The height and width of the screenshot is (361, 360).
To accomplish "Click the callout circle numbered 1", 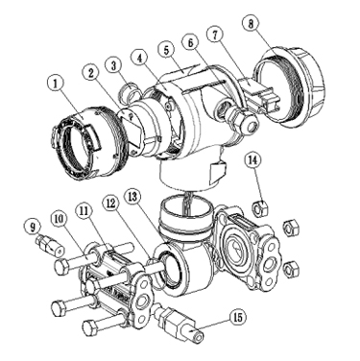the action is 56,84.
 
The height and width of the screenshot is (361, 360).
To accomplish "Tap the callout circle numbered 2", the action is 91,73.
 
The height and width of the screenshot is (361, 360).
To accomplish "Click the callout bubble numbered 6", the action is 191,42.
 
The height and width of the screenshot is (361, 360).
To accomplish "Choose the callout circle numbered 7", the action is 215,35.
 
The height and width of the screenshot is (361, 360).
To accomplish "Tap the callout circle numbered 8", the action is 251,24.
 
